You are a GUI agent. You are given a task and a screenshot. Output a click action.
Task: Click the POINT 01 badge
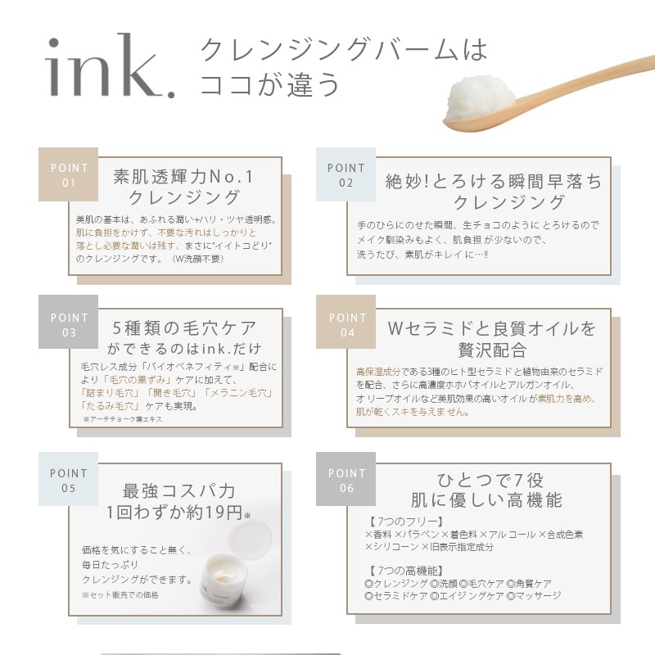coord(69,174)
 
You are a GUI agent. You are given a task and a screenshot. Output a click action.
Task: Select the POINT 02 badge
coord(346,174)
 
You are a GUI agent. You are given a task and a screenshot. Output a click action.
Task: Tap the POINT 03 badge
coord(69,324)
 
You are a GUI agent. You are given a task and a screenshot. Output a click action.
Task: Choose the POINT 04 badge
coord(346,324)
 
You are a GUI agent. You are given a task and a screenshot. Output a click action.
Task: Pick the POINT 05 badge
coord(69,481)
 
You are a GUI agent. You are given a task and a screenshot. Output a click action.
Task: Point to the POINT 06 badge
coord(346,481)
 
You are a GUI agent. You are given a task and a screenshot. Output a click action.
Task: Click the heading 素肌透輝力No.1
coord(184,176)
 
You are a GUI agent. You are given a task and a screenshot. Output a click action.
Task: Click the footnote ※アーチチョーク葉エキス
coord(122,419)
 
